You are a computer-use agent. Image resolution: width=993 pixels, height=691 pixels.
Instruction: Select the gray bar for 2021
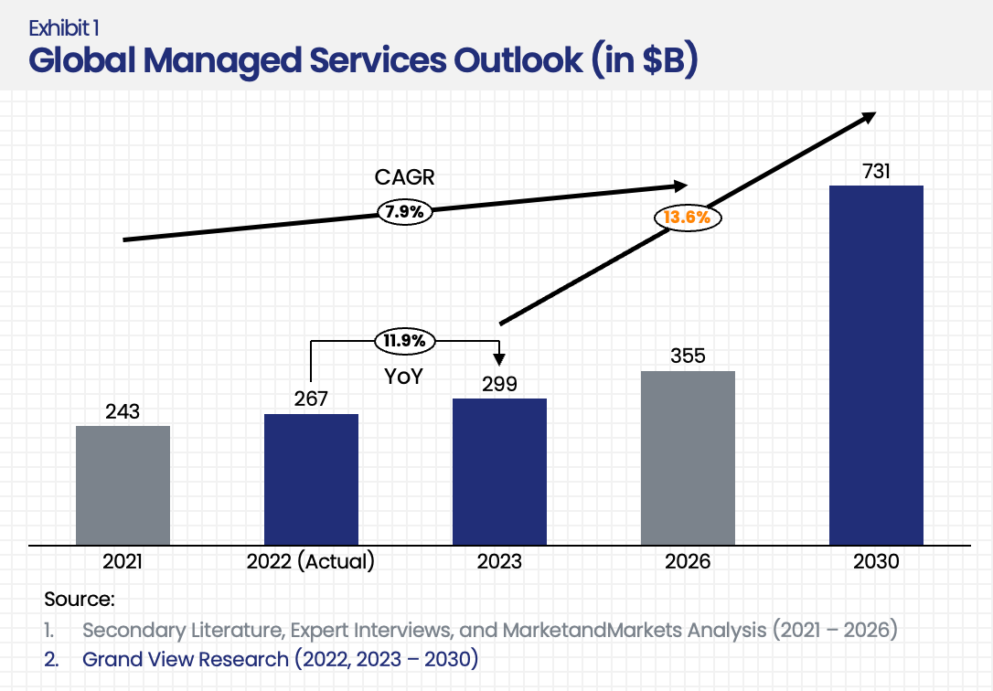123,484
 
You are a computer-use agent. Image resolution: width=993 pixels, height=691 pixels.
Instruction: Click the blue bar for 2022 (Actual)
311,479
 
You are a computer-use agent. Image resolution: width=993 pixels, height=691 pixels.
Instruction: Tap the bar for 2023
499,471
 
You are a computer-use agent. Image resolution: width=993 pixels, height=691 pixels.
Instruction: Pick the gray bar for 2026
688,457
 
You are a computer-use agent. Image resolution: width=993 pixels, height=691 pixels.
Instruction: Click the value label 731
876,171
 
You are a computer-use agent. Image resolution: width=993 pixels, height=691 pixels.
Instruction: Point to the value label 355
688,356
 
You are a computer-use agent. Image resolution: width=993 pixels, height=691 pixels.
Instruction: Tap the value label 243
123,411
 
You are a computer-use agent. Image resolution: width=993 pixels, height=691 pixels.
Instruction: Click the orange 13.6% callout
688,218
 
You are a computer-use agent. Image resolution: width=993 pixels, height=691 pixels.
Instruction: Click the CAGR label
405,178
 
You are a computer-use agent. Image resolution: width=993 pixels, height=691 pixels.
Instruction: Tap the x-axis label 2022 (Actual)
311,561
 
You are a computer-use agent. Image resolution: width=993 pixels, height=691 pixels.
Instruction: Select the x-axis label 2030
876,561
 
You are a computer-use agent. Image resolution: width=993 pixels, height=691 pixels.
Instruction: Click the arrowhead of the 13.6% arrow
870,116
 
